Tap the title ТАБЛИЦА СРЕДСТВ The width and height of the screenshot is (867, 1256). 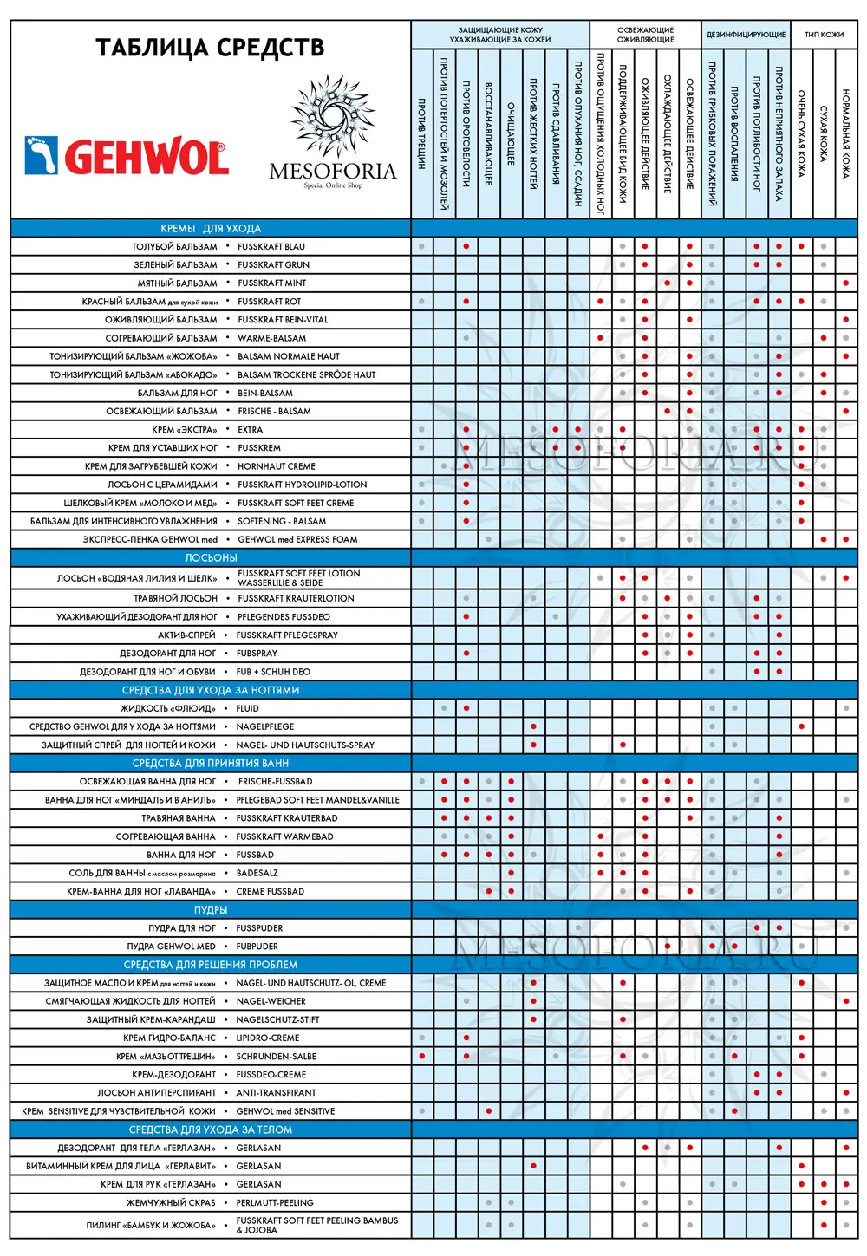210,47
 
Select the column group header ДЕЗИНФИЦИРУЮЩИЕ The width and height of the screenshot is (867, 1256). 746,35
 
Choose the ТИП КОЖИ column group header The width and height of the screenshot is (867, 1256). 824,35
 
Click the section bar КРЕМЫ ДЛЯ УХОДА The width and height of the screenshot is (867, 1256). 211,229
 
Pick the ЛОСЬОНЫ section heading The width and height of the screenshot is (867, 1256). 211,557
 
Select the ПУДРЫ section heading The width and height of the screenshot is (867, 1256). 211,910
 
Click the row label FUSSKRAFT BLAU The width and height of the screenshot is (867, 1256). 271,247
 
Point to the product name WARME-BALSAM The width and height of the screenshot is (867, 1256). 271,338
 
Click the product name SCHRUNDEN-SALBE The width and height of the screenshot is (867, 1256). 276,1057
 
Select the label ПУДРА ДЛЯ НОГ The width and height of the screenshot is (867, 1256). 182,928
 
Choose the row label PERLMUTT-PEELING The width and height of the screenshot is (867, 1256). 275,1203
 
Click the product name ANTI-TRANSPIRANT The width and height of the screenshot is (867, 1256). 276,1093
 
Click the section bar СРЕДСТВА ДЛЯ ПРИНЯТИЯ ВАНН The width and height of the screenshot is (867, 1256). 211,764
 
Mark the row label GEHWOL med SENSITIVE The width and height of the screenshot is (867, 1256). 285,1111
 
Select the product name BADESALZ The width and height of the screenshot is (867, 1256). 257,873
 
